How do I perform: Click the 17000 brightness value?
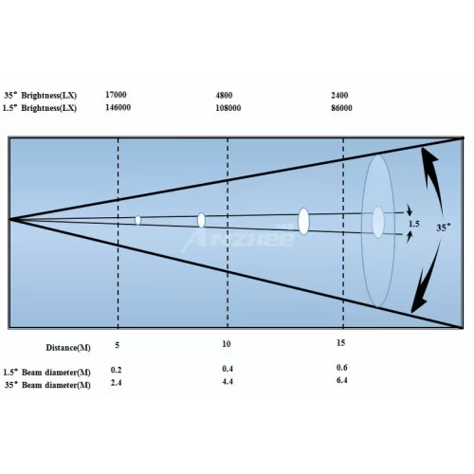[x=116, y=95]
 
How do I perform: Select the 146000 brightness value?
[x=118, y=107]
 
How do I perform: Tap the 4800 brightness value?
[x=224, y=95]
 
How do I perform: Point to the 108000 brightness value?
[x=228, y=108]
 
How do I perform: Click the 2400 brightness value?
[x=339, y=95]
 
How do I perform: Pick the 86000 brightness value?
[x=341, y=108]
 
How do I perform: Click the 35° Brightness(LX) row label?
[x=41, y=95]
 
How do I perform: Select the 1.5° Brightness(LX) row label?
[x=40, y=108]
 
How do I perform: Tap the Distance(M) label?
[x=68, y=348]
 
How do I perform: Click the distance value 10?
[x=227, y=344]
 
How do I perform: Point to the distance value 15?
[x=340, y=343]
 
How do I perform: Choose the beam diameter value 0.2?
[x=116, y=370]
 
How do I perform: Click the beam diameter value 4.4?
[x=228, y=381]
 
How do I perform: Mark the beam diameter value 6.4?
[x=342, y=380]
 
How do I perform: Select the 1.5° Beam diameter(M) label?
[x=46, y=373]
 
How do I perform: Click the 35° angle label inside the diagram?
[x=444, y=228]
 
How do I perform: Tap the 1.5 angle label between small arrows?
[x=414, y=224]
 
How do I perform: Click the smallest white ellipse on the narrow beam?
[x=137, y=220]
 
